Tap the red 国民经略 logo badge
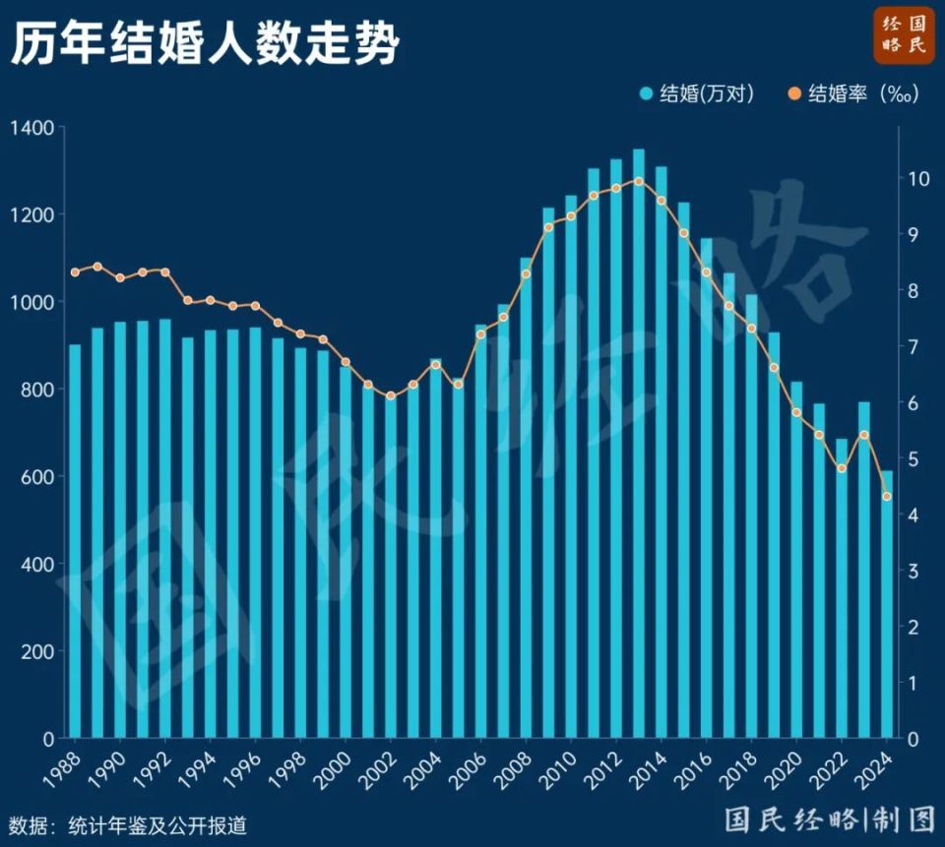click(x=903, y=35)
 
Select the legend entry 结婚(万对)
click(x=697, y=94)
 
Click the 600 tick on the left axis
click(x=35, y=476)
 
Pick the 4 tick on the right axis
click(x=913, y=514)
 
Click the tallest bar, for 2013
click(x=639, y=443)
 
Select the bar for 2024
click(x=887, y=605)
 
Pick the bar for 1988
click(x=75, y=541)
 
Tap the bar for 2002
click(x=391, y=571)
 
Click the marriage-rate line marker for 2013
click(x=639, y=181)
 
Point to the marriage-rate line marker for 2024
click(x=887, y=497)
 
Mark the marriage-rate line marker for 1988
click(x=75, y=272)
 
